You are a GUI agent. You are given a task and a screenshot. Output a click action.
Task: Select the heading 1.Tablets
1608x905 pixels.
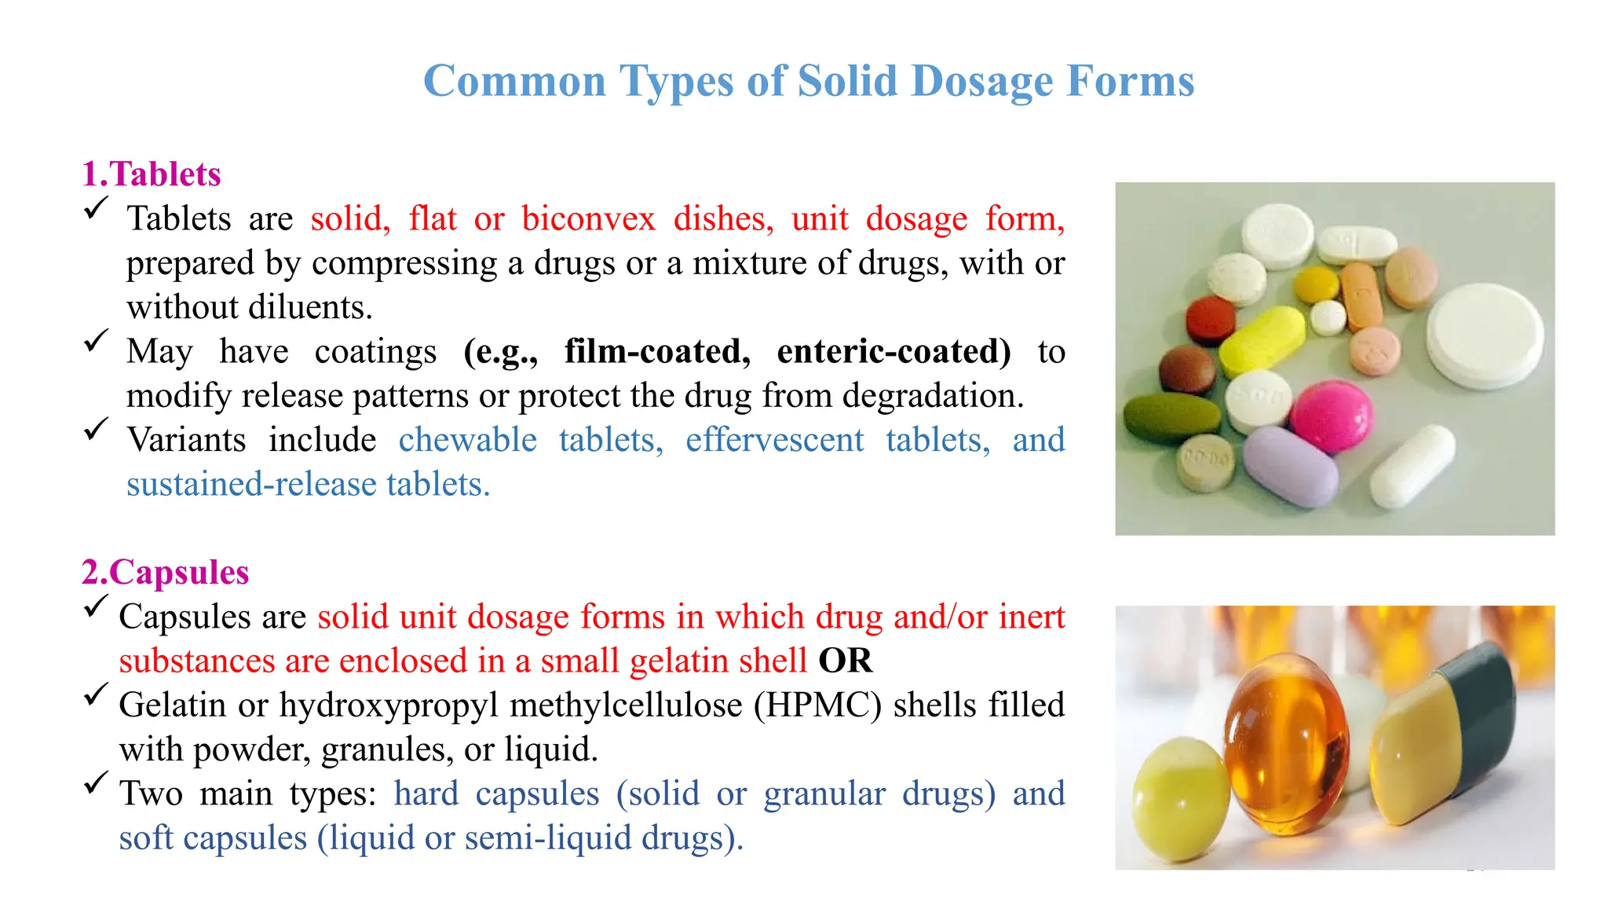152,174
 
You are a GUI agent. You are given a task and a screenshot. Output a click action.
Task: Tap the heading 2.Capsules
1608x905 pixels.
165,572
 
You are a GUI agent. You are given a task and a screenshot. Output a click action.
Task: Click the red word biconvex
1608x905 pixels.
588,218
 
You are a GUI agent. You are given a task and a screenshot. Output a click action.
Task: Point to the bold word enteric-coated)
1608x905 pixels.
894,351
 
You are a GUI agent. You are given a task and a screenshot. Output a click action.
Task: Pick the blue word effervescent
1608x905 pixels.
774,440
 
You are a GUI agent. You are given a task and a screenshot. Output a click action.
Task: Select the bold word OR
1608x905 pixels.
845,661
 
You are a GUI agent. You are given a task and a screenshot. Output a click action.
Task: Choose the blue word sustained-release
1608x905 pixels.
251,484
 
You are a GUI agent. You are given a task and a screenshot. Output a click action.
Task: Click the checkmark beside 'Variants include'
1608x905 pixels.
96,430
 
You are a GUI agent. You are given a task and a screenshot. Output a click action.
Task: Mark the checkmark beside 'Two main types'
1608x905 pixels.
96,783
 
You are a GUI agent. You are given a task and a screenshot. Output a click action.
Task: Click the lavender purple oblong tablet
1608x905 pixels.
1290,465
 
